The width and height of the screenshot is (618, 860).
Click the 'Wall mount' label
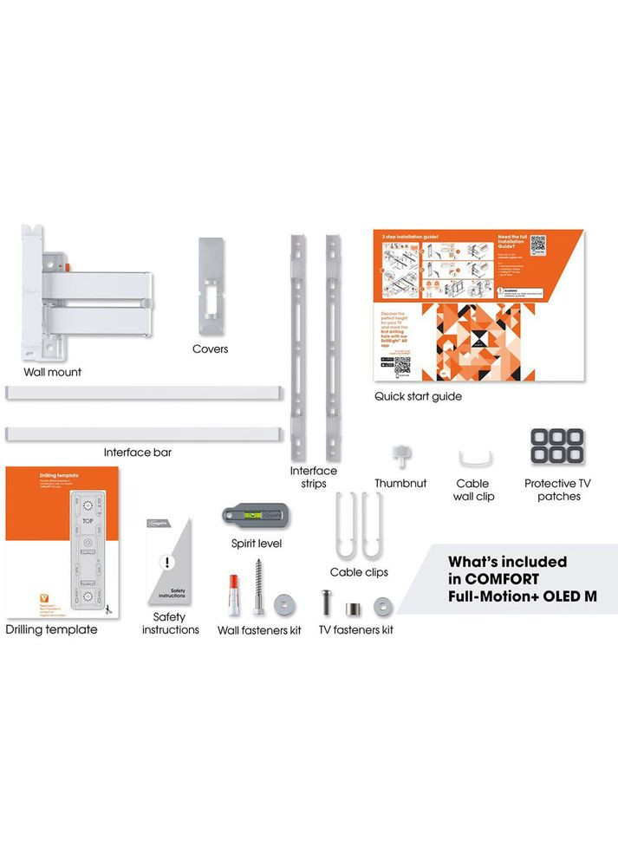[53, 372]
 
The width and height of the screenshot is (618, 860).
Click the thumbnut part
[400, 455]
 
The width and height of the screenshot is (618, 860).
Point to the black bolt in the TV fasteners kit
[326, 603]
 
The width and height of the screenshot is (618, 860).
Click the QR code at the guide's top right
[538, 244]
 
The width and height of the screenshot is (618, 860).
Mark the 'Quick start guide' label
[418, 396]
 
